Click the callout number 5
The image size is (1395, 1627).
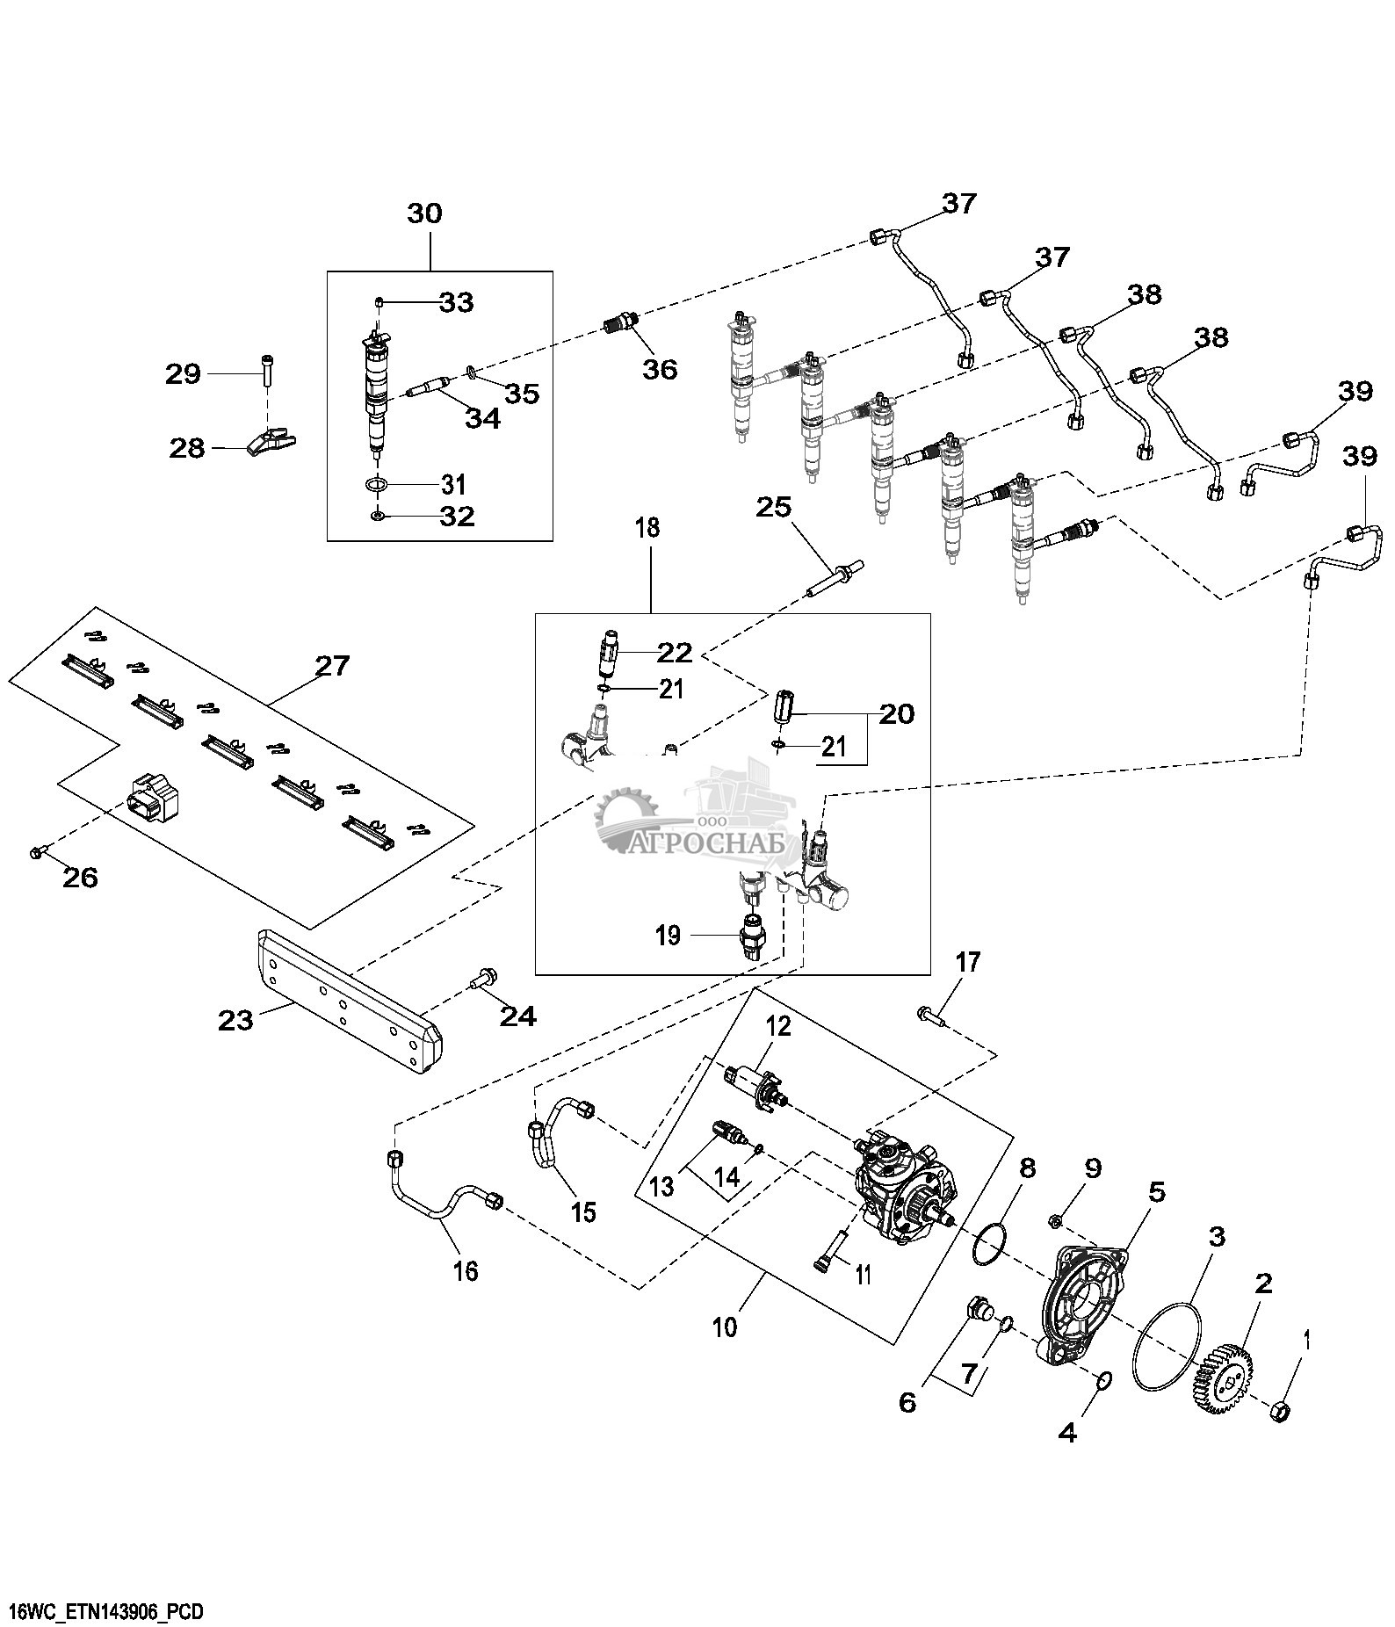tap(1157, 1192)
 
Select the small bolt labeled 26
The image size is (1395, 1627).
tap(36, 850)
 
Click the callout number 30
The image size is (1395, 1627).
tap(425, 213)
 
